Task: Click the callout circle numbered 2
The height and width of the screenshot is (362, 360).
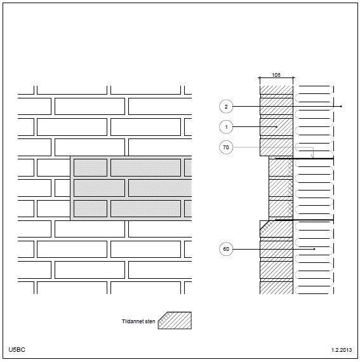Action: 226,107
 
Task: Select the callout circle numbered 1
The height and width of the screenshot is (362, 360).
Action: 226,127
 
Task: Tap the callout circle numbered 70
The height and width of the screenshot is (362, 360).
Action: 226,147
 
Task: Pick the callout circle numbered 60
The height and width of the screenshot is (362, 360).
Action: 226,249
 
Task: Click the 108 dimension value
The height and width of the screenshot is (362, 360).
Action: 276,75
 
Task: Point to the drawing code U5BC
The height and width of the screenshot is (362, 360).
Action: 17,349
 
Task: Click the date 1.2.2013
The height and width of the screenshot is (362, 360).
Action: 342,350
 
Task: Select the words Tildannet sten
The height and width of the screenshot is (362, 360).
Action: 138,321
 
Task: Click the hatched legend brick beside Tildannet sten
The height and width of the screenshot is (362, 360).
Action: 175,321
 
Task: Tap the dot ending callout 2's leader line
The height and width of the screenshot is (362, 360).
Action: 341,107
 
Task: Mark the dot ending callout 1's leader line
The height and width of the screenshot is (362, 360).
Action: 276,127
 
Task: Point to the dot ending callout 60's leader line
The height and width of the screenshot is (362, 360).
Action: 314,249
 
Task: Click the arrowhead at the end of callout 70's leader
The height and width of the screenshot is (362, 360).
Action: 313,156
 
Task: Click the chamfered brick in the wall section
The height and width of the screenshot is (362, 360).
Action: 276,229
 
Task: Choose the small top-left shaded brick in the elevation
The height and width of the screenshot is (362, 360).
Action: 90,168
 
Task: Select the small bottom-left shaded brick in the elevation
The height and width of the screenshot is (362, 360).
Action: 90,209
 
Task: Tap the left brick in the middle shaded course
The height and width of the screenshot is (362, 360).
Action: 99,188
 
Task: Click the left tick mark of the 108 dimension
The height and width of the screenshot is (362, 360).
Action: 260,78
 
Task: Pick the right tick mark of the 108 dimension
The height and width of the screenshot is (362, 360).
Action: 293,78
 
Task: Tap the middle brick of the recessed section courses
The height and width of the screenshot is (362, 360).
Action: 281,188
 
